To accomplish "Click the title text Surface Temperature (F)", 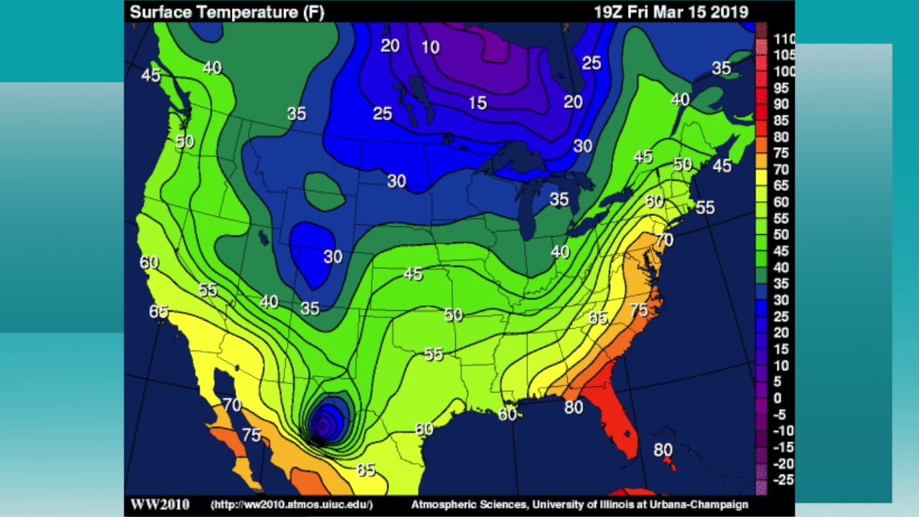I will pyautogui.click(x=227, y=12).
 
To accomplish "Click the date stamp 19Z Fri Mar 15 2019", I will pyautogui.click(x=671, y=12).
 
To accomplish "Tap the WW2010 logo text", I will pyautogui.click(x=159, y=504).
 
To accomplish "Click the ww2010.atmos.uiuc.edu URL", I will pyautogui.click(x=291, y=505).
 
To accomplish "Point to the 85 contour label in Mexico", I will pyautogui.click(x=365, y=470).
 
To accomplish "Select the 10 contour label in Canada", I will pyautogui.click(x=430, y=47).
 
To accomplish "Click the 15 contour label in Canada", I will pyautogui.click(x=477, y=103).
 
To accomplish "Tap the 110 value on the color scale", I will pyautogui.click(x=784, y=39).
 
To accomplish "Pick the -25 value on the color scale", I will pyautogui.click(x=783, y=480).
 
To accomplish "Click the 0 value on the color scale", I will pyautogui.click(x=778, y=398).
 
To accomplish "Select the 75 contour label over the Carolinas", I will pyautogui.click(x=638, y=310).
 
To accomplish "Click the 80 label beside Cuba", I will pyautogui.click(x=663, y=450).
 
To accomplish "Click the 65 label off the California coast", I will pyautogui.click(x=159, y=312).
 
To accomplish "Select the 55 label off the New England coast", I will pyautogui.click(x=705, y=208).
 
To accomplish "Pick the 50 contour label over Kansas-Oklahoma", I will pyautogui.click(x=453, y=315).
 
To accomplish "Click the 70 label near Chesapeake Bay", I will pyautogui.click(x=664, y=240).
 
